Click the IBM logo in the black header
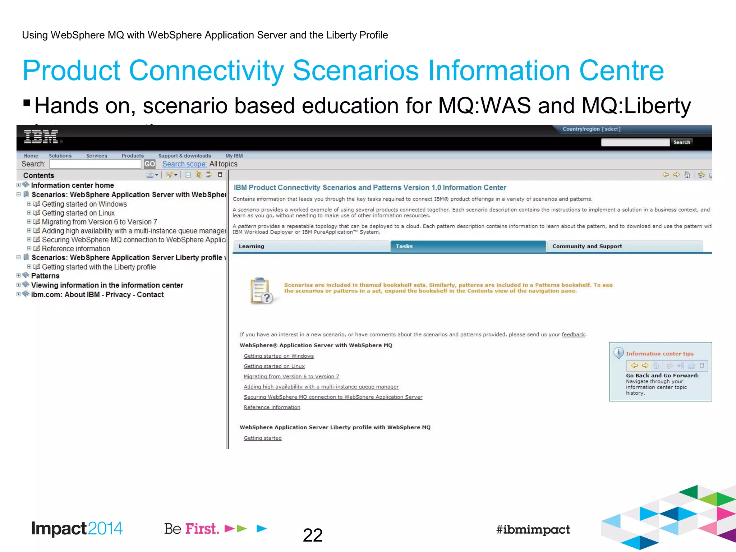[41, 137]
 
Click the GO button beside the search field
[149, 164]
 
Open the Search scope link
[184, 164]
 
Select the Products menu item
[132, 156]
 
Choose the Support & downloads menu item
[184, 156]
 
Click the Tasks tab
[467, 246]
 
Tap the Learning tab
[311, 246]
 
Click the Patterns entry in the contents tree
[45, 276]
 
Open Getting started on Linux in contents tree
[78, 213]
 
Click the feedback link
[573, 335]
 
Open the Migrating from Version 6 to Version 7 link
[291, 376]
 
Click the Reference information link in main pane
[272, 407]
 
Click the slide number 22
[312, 535]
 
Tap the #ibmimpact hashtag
[533, 529]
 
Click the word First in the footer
[202, 529]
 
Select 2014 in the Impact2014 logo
[105, 528]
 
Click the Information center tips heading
[659, 354]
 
